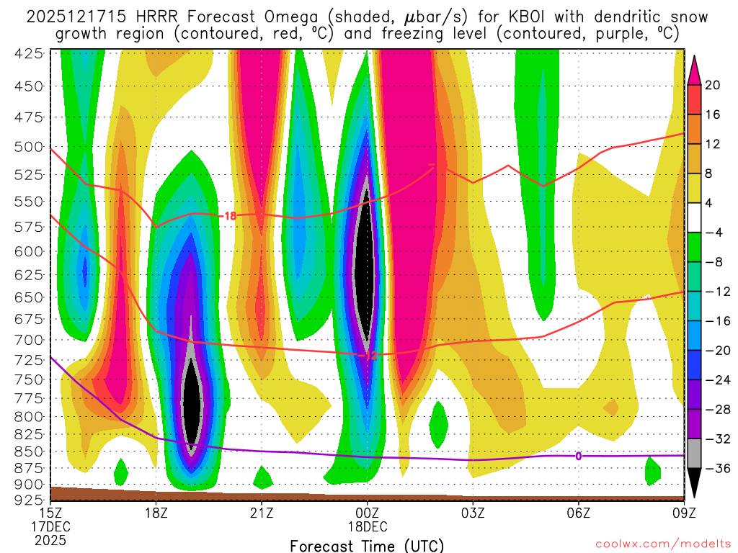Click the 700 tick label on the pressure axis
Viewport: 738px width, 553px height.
[x=28, y=339]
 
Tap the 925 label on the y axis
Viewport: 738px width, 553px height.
[x=28, y=498]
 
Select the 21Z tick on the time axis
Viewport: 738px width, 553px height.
[x=262, y=513]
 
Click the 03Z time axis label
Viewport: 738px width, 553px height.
[x=473, y=513]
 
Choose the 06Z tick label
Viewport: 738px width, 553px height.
[x=579, y=513]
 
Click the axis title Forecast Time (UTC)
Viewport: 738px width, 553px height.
[x=367, y=546]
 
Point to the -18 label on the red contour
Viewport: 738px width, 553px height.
[x=229, y=215]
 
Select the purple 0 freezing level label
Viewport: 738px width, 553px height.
[x=578, y=456]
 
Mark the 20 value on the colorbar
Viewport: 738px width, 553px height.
[x=713, y=85]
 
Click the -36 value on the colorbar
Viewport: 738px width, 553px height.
[x=713, y=468]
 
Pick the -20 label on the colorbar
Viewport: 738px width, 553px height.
[x=713, y=350]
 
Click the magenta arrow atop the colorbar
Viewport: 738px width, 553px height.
[x=695, y=68]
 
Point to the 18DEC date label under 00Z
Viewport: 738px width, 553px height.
[x=367, y=527]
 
